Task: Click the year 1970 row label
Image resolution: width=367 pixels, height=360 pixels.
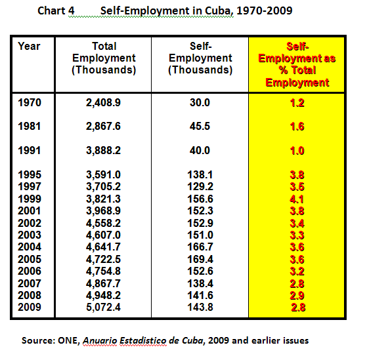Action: click(30, 103)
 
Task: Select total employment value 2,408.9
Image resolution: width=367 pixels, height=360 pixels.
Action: click(103, 103)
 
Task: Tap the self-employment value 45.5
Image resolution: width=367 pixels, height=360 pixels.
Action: click(200, 127)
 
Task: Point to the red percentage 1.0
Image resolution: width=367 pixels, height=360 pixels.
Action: click(297, 151)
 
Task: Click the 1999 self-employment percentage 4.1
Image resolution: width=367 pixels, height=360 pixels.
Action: click(297, 199)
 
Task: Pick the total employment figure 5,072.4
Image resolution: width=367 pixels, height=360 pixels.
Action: click(103, 307)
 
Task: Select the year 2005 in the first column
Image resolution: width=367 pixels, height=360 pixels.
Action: click(30, 259)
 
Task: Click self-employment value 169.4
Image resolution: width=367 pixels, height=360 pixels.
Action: click(200, 259)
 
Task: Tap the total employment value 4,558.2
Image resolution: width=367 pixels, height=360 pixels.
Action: click(103, 223)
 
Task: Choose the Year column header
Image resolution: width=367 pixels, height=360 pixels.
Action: click(29, 47)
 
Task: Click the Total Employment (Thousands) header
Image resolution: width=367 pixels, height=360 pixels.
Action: click(104, 58)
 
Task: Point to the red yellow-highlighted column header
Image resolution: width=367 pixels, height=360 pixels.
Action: click(297, 64)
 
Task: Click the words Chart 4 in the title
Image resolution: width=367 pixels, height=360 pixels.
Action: click(56, 10)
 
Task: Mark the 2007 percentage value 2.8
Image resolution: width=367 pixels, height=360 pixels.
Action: click(297, 284)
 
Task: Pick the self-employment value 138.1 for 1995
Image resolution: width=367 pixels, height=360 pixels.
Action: click(200, 174)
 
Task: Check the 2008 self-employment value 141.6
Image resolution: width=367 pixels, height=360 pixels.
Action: click(200, 295)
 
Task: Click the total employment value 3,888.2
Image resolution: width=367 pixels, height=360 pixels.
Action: click(103, 150)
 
